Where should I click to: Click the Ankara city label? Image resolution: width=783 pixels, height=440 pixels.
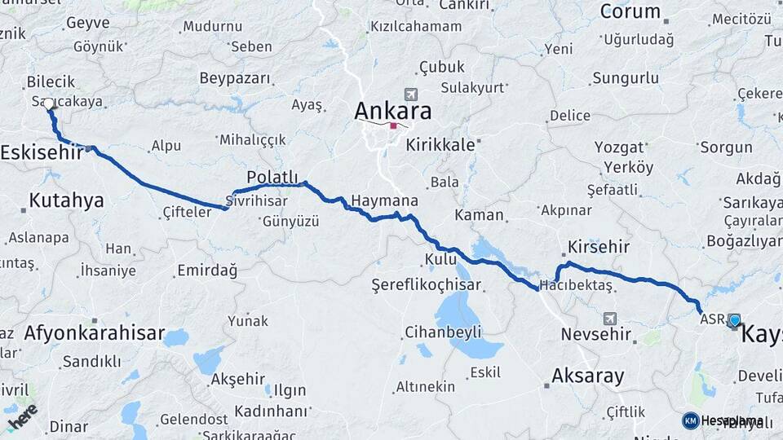pos(392,110)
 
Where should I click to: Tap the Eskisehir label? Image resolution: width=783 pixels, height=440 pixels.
pos(41,152)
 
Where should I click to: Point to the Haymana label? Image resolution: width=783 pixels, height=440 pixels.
pos(384,200)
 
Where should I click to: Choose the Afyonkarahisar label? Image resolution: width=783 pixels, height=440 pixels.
pos(95,333)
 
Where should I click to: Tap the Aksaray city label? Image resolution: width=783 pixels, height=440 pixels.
pos(587,376)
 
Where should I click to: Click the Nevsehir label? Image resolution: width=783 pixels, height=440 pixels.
pos(596,334)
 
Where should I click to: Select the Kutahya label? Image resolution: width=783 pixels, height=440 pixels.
pos(66,200)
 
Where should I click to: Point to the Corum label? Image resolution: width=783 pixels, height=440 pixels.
pos(630,11)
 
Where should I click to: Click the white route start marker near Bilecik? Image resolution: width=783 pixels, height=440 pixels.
pos(50,104)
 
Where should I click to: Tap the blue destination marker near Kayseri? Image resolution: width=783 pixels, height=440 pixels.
pos(734,321)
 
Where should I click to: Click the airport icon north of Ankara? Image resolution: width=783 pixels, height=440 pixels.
pos(409,95)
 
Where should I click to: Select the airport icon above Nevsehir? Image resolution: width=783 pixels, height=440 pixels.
pos(610,318)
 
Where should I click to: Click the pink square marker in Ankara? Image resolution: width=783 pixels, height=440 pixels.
pos(393,125)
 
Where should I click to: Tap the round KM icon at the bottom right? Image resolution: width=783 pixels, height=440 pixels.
pos(690,420)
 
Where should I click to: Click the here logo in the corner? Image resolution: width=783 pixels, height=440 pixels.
pos(22,416)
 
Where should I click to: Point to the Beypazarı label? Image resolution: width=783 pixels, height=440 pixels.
pos(234,78)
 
